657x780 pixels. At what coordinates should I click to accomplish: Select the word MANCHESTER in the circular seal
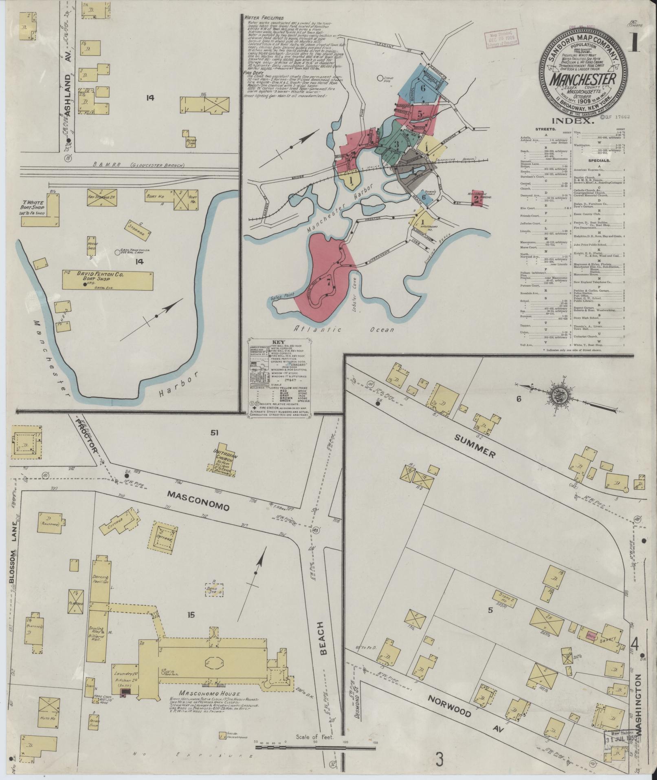(x=583, y=80)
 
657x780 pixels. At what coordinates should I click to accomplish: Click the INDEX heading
(x=573, y=120)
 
